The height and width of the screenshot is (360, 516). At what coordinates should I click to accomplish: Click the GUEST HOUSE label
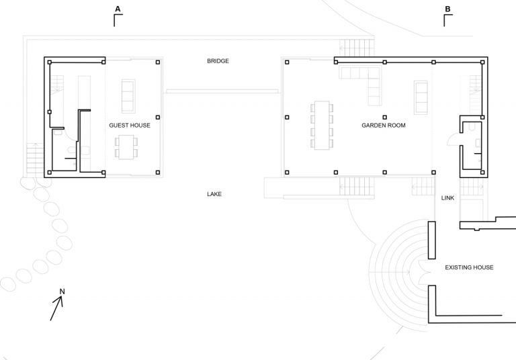click(x=130, y=126)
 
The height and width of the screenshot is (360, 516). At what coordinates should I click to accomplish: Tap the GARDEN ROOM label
click(x=384, y=126)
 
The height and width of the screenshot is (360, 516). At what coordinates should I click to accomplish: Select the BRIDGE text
click(x=218, y=61)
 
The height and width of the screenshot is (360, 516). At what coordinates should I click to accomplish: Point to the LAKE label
click(x=214, y=194)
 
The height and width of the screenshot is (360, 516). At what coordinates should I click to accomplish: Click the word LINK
click(x=447, y=197)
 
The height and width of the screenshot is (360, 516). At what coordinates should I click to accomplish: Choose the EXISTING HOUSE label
click(x=469, y=267)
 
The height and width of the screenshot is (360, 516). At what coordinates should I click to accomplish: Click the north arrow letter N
click(x=62, y=291)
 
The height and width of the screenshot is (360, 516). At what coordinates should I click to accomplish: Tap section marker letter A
click(x=118, y=9)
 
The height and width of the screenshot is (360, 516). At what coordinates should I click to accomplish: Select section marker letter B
click(x=447, y=9)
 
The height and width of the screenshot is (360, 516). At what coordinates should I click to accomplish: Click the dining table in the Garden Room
click(x=322, y=126)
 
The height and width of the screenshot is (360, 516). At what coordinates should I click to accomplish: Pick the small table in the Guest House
click(x=126, y=147)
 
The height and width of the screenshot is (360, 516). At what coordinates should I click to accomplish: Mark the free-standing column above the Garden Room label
click(x=385, y=117)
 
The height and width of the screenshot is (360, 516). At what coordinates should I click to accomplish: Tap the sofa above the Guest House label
click(x=128, y=96)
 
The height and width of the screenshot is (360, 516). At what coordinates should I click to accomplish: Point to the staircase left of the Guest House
click(x=35, y=159)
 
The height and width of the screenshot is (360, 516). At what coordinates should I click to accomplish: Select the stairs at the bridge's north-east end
click(x=357, y=48)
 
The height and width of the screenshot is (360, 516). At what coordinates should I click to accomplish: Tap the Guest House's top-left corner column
click(x=50, y=62)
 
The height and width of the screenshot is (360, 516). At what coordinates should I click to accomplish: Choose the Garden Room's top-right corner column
click(x=482, y=62)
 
